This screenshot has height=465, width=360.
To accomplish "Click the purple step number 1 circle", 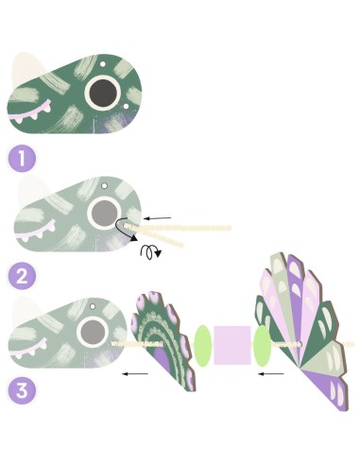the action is point(22,158).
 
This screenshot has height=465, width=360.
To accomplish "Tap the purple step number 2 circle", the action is point(22,276).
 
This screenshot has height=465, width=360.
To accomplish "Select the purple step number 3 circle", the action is point(22,390).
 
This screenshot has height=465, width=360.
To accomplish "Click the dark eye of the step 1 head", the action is point(103,93).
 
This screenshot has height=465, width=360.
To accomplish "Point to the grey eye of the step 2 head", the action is point(104,213).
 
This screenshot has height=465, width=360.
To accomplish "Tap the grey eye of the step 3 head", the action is point(93,333).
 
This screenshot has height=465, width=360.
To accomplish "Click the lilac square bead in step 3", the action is point(232,345).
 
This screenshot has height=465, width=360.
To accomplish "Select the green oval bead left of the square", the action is point(202,346).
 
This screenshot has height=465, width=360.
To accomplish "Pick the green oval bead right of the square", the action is point(262,346).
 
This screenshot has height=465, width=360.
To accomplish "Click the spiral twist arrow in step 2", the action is point(150,252).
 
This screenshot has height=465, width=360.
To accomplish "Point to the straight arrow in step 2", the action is point(157,218).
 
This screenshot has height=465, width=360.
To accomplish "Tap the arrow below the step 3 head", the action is point(135,374).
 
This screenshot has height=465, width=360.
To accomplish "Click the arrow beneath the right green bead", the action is point(270,374).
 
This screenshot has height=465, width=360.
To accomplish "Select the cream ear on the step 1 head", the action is point(26,69).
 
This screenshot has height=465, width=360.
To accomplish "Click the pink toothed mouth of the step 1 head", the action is point(30,112).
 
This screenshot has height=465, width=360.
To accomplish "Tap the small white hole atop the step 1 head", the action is point(103,64).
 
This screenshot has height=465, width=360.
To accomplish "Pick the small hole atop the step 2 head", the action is point(104,186).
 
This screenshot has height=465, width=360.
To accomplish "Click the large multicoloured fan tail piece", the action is point(303,331).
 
